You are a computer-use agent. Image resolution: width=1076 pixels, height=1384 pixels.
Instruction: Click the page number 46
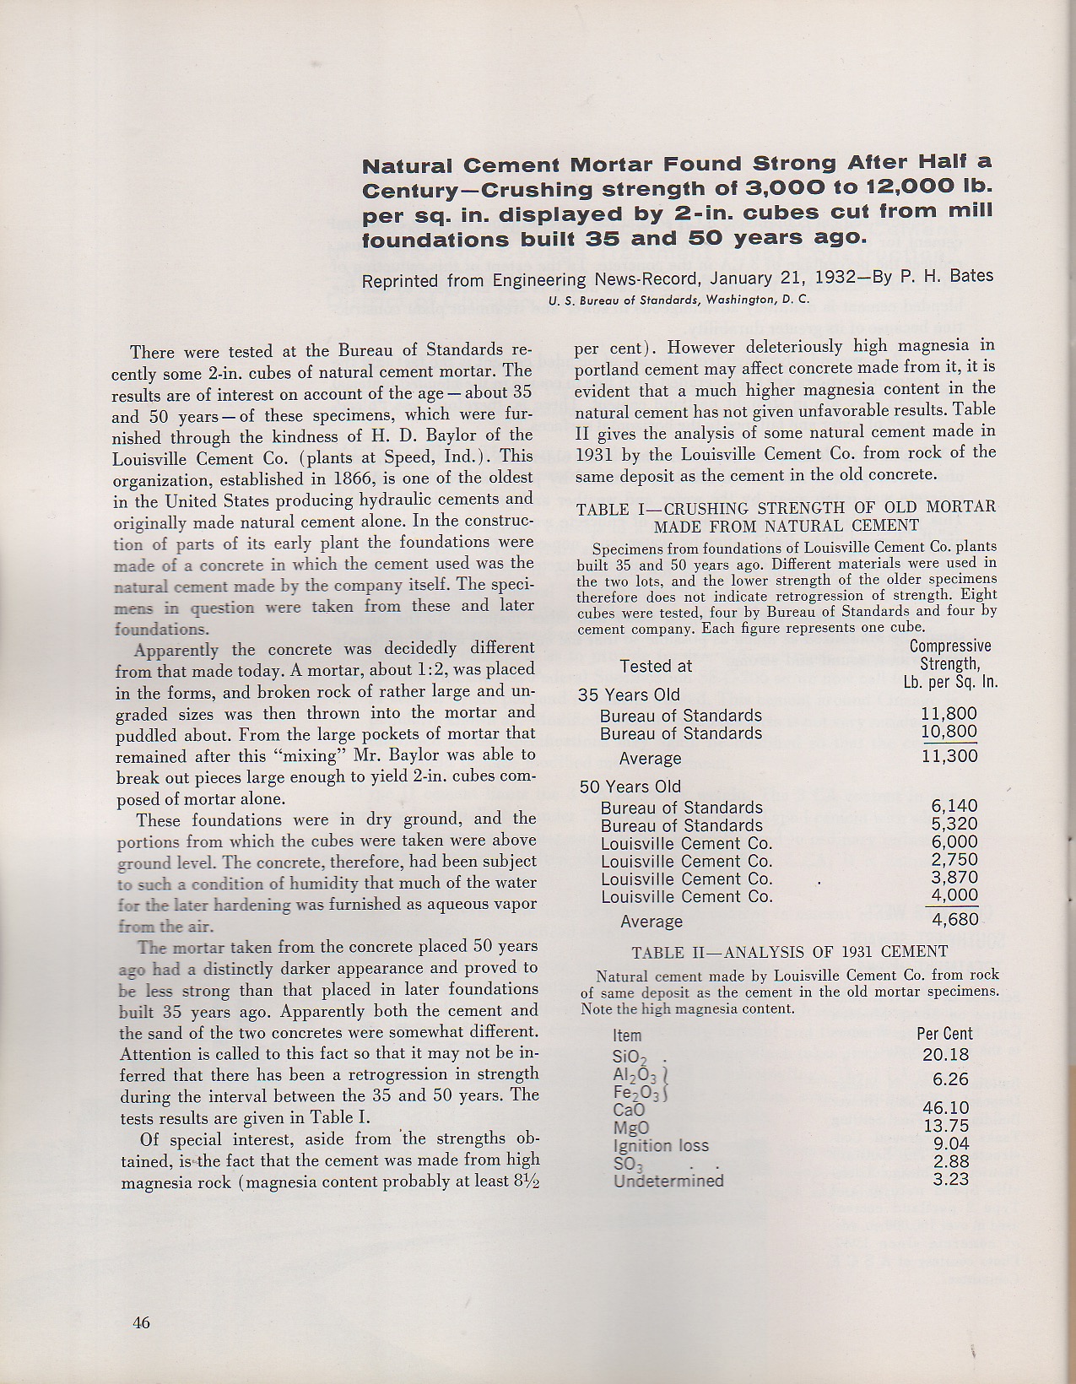point(141,1322)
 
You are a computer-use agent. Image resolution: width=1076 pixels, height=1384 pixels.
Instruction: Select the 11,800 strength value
point(949,715)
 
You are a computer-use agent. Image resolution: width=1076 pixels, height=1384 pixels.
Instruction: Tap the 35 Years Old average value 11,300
point(949,756)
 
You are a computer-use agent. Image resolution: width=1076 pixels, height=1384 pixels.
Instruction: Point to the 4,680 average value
point(954,919)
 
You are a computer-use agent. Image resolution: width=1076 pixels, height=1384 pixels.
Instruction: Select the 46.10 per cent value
point(946,1108)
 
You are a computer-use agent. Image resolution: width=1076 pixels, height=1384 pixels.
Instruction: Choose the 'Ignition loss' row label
point(661,1146)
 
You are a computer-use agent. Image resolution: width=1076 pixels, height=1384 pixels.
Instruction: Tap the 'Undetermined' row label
point(668,1181)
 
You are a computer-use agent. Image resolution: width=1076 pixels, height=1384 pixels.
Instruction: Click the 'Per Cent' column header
point(944,1034)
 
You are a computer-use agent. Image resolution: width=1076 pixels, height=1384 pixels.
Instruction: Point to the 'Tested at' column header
point(655,667)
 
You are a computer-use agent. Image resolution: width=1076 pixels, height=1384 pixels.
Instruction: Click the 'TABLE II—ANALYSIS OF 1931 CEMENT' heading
point(789,952)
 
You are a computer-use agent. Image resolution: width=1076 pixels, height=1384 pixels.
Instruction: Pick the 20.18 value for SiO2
point(946,1055)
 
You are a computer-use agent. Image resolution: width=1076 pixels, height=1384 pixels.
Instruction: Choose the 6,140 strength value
point(954,806)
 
